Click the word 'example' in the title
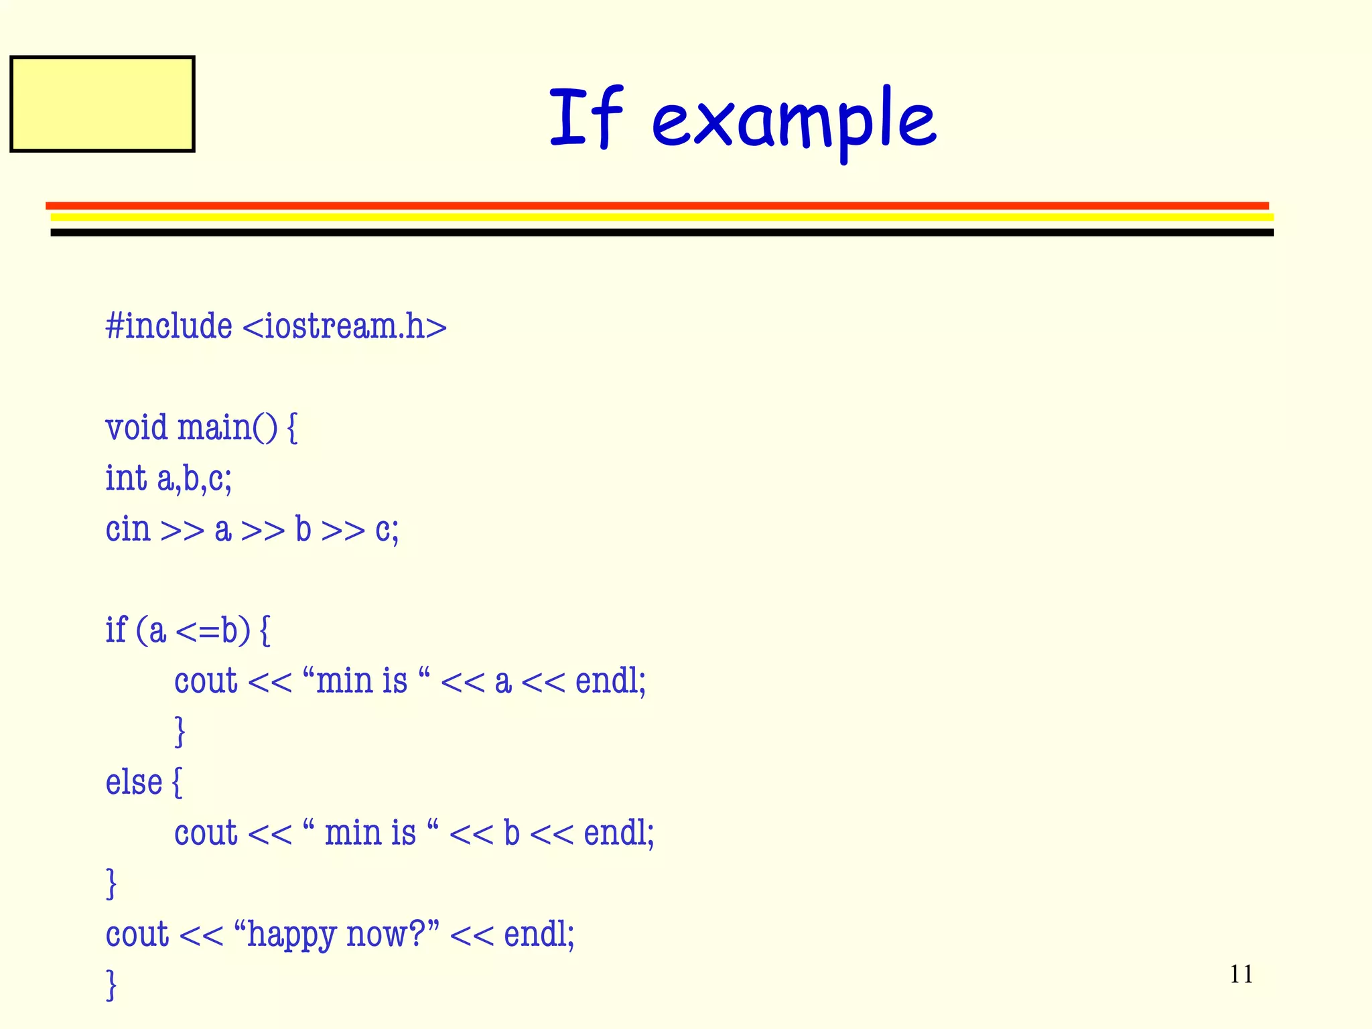tap(794, 121)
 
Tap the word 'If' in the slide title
tap(586, 117)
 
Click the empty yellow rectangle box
tap(102, 104)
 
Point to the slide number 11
tap(1241, 974)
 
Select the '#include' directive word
tap(169, 327)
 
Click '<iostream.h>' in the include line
tap(344, 327)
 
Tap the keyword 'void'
tap(136, 427)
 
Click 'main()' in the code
tap(226, 427)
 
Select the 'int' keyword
tap(126, 478)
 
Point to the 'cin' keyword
tap(128, 529)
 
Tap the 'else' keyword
tap(134, 782)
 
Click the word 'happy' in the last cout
tap(291, 935)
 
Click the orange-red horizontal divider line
tap(657, 206)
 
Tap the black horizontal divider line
tap(662, 232)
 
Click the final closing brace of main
tap(112, 985)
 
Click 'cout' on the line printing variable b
tap(206, 833)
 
